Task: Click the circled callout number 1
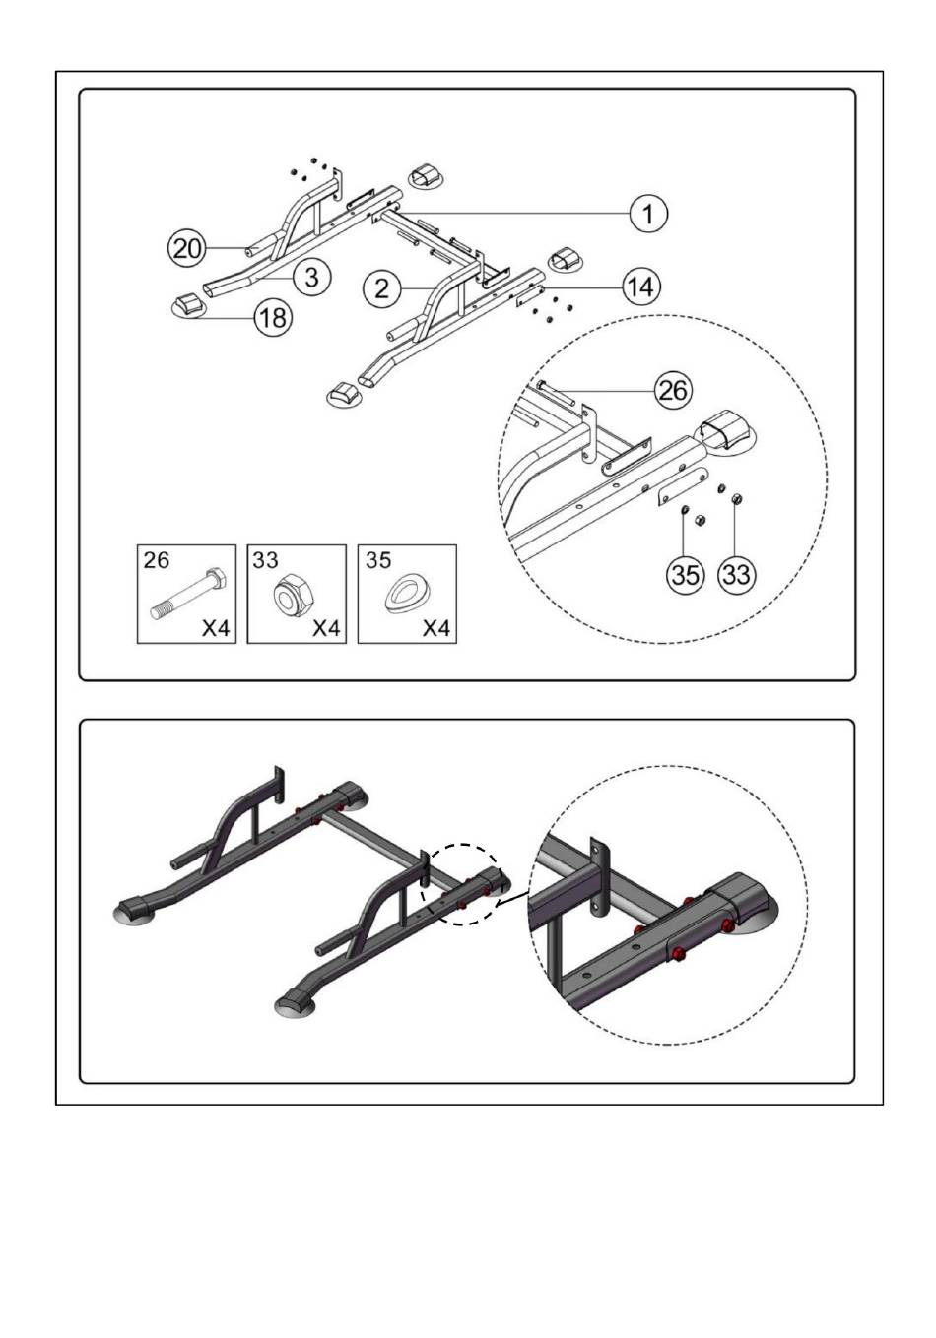tap(648, 213)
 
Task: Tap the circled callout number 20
tap(186, 248)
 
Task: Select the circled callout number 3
tap(312, 278)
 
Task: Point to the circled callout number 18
tap(274, 317)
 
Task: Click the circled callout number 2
tap(382, 289)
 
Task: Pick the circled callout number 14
tap(641, 287)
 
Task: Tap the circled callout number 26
tap(674, 391)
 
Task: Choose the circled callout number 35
tap(685, 575)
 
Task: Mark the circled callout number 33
tap(736, 575)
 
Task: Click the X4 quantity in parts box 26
tap(216, 628)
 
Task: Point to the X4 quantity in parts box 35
tap(436, 628)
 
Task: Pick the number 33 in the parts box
tap(265, 559)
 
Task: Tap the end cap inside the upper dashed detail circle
tap(724, 431)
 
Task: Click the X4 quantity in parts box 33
tap(326, 628)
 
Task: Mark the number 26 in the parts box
tap(156, 559)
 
